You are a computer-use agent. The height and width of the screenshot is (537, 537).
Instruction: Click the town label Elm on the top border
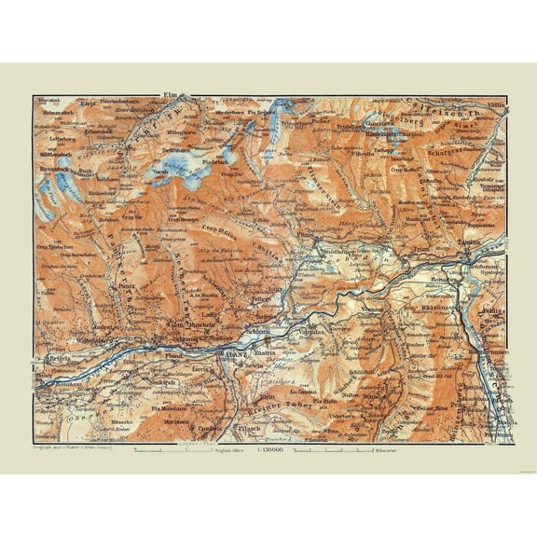[x=170, y=94]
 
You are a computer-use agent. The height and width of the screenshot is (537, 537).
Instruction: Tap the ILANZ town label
[x=225, y=353]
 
